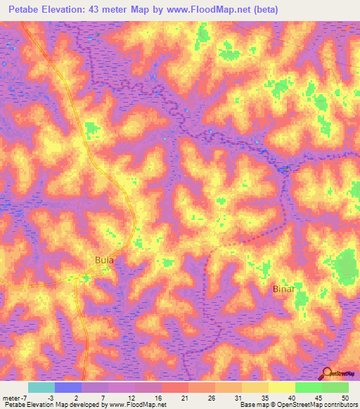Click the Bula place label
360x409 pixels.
(x=104, y=260)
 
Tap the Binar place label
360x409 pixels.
(x=282, y=289)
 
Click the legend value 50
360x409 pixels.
(x=345, y=398)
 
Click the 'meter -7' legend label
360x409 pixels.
(x=14, y=398)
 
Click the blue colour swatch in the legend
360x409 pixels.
(x=67, y=387)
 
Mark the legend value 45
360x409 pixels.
(x=317, y=398)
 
